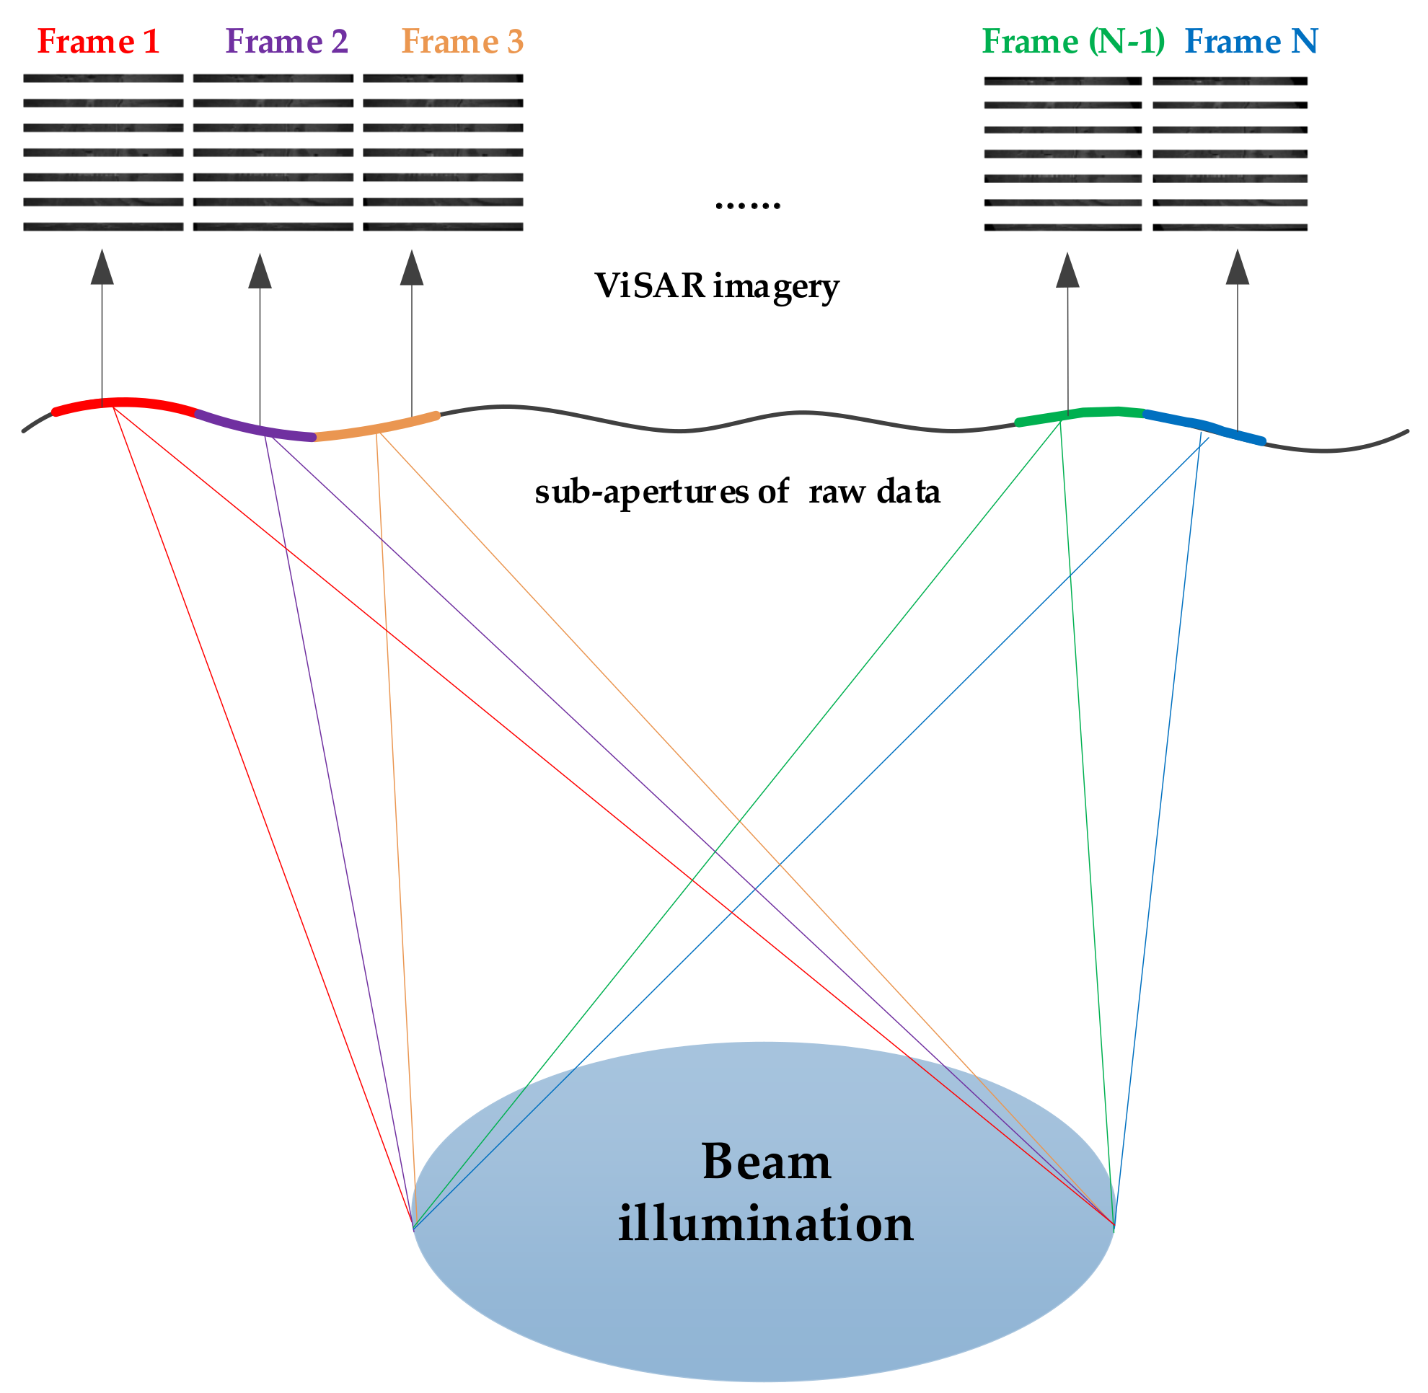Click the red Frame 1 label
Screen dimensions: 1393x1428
98,42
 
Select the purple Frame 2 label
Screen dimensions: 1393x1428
287,42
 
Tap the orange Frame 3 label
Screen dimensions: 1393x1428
462,42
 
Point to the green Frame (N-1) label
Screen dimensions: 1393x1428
1074,42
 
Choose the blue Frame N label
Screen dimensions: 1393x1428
1251,42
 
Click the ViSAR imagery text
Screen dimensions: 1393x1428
717,286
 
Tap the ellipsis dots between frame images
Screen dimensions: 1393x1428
747,205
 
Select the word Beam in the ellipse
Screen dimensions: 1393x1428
767,1162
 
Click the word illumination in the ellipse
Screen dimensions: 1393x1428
766,1224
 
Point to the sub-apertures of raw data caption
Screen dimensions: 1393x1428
737,492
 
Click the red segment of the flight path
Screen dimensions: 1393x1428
125,402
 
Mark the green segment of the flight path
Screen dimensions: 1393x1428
1080,414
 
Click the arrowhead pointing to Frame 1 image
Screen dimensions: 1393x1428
102,267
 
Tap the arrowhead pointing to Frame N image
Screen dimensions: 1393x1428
1238,267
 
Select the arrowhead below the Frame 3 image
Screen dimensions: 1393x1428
412,268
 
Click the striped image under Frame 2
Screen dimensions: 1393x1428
273,152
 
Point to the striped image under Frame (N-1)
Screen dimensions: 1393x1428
1063,154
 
